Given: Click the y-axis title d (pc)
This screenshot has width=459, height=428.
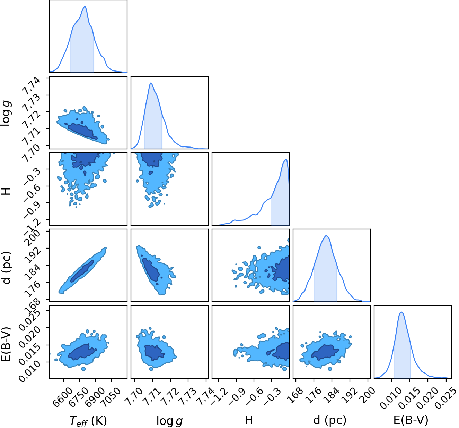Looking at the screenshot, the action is (7, 268).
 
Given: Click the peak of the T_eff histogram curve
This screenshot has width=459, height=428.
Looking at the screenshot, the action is (85, 6).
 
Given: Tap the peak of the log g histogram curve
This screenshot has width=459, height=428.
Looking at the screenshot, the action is (151, 83).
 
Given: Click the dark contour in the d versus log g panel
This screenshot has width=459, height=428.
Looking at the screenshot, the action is (150, 270).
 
